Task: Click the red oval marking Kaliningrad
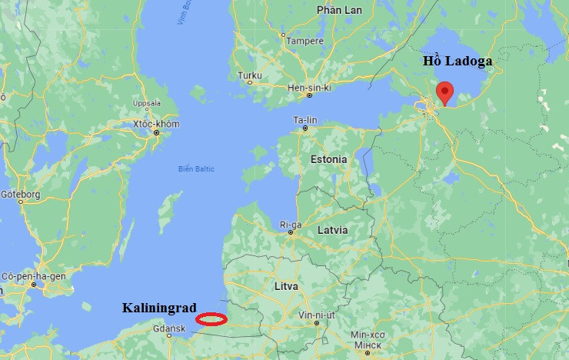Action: tap(211, 319)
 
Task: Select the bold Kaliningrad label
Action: tap(160, 308)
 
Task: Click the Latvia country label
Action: tap(332, 230)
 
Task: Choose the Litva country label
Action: tap(285, 286)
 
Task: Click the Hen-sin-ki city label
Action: tap(308, 88)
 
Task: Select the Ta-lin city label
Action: tap(305, 121)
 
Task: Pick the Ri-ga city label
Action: tap(291, 225)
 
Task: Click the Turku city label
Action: tap(250, 75)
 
